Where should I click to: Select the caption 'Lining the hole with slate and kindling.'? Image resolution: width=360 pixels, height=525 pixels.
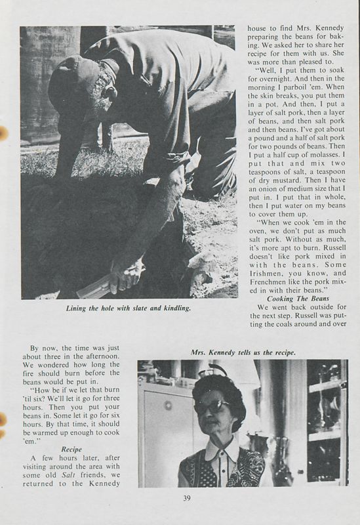(x=129, y=309)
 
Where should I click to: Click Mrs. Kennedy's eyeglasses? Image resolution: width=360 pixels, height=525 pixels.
(x=211, y=406)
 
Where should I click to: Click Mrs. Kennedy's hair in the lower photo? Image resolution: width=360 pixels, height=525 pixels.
(x=217, y=387)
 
